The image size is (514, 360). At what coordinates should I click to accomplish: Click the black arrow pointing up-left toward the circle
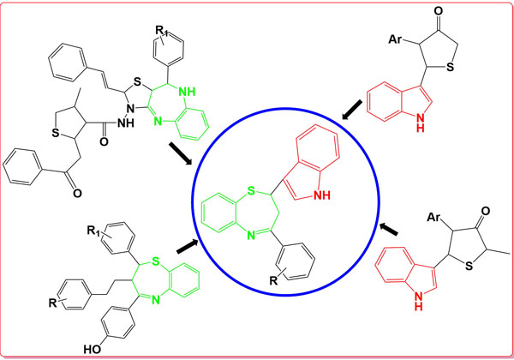point(389,229)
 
